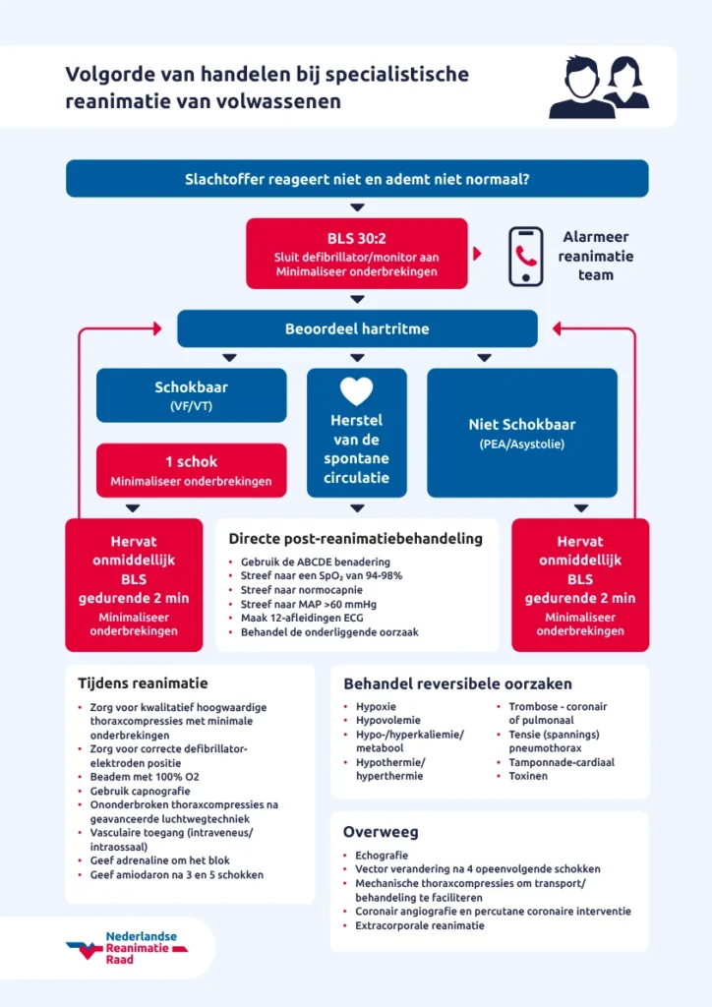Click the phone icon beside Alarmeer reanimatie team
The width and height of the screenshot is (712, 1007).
coord(525,256)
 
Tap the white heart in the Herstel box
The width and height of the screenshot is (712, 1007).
coord(357,391)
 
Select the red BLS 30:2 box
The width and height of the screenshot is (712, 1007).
coord(356,254)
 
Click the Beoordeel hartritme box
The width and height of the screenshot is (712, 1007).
coord(357,328)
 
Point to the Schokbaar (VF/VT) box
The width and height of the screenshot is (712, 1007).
coord(192,395)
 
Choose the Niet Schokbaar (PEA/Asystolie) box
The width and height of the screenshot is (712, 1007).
coord(521,433)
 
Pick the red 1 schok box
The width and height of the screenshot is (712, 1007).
coord(192,470)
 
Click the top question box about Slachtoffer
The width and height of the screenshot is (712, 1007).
coord(357,179)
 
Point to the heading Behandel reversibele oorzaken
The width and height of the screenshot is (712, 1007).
coord(457,683)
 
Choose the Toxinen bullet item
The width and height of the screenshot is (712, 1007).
coord(528,776)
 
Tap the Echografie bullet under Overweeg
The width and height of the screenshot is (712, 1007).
coord(382,856)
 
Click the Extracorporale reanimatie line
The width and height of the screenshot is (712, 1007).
coord(420,925)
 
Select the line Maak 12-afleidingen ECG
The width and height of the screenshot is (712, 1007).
coord(295,617)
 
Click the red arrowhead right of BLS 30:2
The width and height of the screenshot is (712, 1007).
coord(478,254)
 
